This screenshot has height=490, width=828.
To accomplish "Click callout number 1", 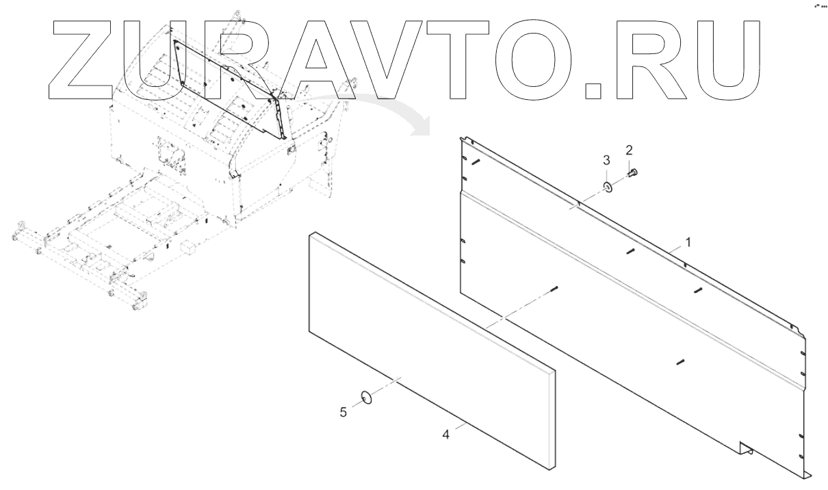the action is coord(688,242).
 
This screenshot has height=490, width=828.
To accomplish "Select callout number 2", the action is coord(630,149).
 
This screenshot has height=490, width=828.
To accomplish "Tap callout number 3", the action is coord(606,160).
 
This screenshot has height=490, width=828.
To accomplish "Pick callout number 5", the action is coord(344,413).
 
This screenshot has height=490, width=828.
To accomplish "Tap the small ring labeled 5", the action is coord(367,397).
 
